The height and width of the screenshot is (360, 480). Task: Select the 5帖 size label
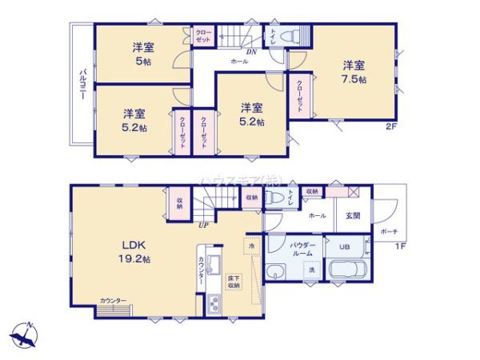[143, 62]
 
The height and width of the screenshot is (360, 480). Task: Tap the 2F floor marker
[391, 126]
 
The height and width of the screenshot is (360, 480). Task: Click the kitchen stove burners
[214, 304]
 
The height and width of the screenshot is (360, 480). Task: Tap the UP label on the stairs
[205, 225]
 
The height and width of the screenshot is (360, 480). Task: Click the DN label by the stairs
[250, 51]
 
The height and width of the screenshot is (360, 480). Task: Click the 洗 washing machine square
[312, 270]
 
